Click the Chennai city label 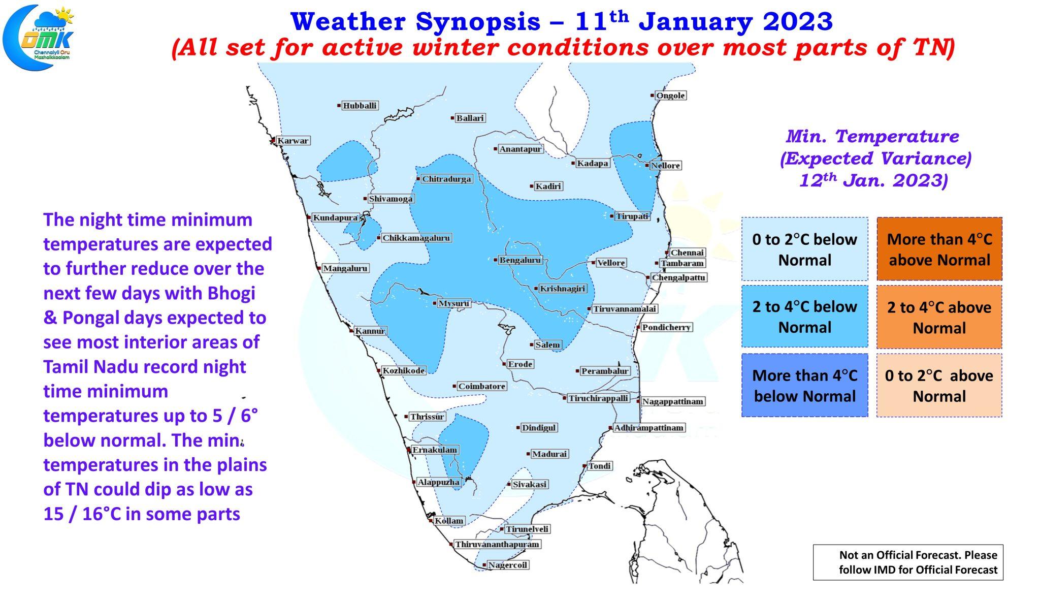click(x=687, y=253)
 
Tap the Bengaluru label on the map click(x=520, y=260)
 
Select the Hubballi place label click(x=360, y=106)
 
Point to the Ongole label click(x=670, y=96)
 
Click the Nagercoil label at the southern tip click(x=508, y=565)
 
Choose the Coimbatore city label click(x=481, y=386)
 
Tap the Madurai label click(x=549, y=454)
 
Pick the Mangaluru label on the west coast click(x=345, y=268)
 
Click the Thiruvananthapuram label click(x=497, y=544)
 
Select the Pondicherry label click(x=666, y=327)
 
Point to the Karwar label click(x=292, y=141)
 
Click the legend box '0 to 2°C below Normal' click(x=804, y=249)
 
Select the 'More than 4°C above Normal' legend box click(x=939, y=249)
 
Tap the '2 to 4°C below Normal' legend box click(x=804, y=317)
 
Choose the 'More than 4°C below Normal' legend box click(x=804, y=386)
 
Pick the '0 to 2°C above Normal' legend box click(x=939, y=386)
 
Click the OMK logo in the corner click(x=38, y=37)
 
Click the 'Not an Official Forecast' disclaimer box click(x=908, y=562)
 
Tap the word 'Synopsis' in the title click(x=478, y=22)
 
